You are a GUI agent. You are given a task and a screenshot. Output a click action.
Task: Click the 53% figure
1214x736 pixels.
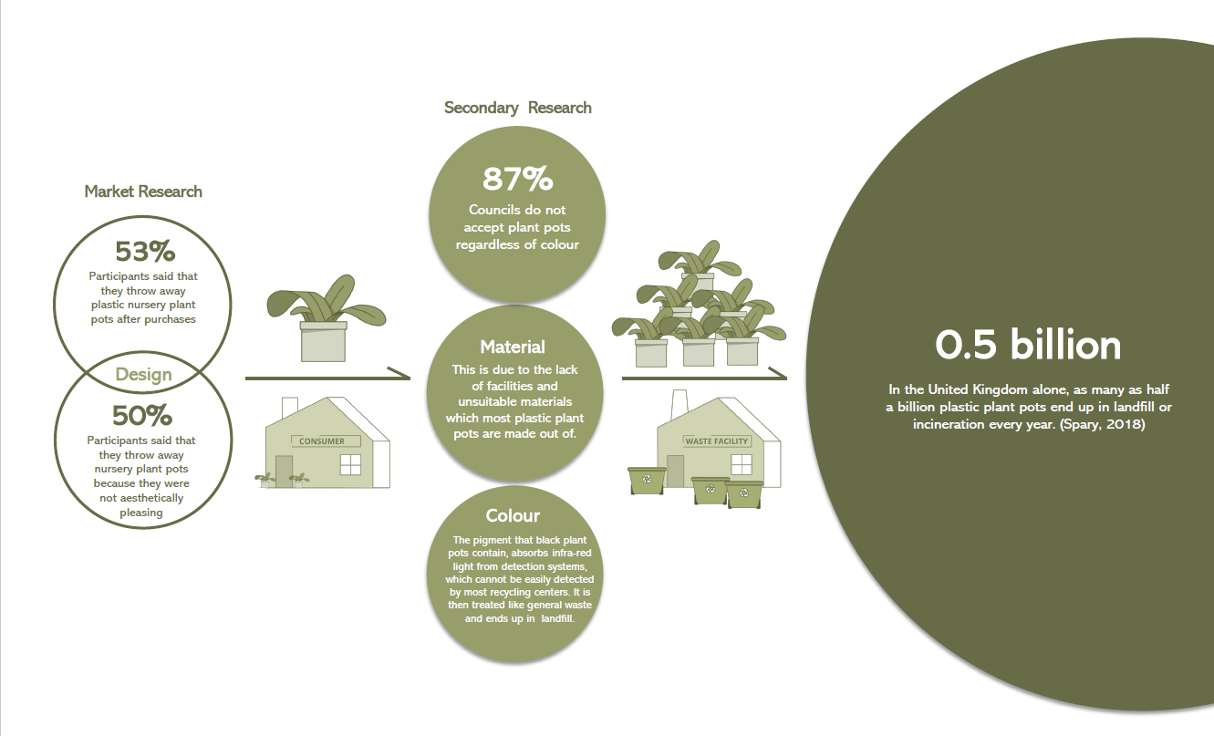(x=145, y=252)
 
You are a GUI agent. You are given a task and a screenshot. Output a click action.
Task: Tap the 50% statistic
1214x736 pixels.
(x=142, y=416)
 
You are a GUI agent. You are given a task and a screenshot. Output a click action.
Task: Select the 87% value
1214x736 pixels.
(x=517, y=179)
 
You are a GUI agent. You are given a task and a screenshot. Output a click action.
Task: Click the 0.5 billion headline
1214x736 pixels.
(x=1028, y=346)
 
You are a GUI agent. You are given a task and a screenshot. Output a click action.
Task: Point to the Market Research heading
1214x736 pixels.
(x=143, y=192)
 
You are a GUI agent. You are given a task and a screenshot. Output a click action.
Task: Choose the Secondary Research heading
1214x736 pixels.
(x=517, y=108)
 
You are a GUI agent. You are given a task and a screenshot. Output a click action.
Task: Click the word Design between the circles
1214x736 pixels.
(x=143, y=375)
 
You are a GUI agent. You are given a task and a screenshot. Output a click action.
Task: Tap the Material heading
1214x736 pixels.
(x=513, y=347)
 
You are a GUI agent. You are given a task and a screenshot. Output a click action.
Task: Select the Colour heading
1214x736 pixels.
(x=513, y=515)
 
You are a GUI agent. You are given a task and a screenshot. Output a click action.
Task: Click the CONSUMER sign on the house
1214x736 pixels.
(x=322, y=441)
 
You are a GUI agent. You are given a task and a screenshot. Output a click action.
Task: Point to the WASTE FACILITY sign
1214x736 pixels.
(x=717, y=441)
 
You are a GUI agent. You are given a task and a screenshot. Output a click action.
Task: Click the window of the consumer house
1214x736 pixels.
(x=350, y=464)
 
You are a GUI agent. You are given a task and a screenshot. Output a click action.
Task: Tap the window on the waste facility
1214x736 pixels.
(x=742, y=464)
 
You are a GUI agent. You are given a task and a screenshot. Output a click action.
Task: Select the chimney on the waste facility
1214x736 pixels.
(x=680, y=406)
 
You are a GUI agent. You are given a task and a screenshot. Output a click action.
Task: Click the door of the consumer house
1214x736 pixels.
(x=284, y=471)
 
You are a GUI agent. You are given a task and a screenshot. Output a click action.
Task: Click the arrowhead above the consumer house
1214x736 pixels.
(x=399, y=373)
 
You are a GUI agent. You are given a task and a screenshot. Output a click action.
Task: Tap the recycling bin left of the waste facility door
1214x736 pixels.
(x=647, y=481)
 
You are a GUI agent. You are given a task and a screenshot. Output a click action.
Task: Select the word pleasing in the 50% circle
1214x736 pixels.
(x=140, y=513)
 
